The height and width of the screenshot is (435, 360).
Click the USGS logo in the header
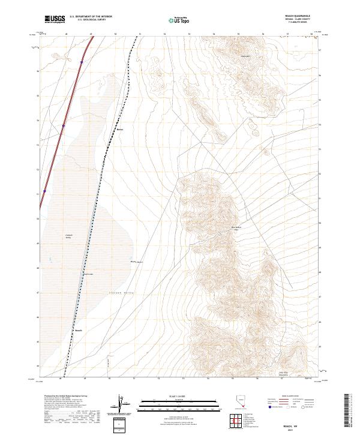click(x=55, y=19)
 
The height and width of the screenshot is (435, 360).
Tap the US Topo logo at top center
click(x=175, y=20)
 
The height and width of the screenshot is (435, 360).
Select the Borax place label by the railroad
click(x=119, y=128)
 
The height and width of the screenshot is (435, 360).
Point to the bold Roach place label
click(x=78, y=330)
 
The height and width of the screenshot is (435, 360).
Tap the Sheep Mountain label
click(x=245, y=57)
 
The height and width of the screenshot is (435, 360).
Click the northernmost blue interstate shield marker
click(x=81, y=61)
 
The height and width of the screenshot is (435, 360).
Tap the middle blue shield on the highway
click(x=63, y=125)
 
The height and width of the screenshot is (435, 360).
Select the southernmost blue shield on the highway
click(x=44, y=193)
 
